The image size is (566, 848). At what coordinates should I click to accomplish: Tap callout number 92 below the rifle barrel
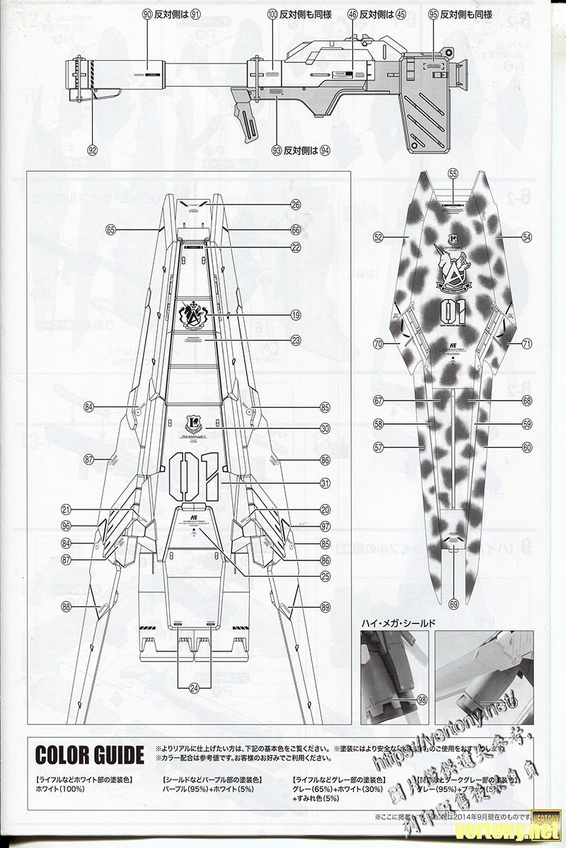[92, 149]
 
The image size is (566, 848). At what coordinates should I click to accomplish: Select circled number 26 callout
[296, 205]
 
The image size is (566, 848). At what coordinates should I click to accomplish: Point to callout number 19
[296, 315]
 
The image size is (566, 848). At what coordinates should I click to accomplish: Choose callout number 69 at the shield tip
[454, 603]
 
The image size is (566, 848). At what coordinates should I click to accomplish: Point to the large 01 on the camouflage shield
[451, 311]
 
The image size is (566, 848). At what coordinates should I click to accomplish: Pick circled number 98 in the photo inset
[422, 700]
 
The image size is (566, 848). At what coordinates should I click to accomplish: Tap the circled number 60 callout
[526, 447]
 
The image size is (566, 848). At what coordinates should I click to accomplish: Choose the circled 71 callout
[526, 343]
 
